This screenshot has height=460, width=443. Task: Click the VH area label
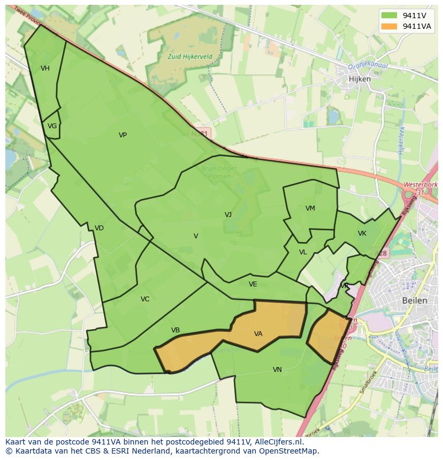45,68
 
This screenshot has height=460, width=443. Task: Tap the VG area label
52,127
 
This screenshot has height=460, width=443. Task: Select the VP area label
123,135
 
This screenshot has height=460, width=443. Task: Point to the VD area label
99,228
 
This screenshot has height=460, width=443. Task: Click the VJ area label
228,215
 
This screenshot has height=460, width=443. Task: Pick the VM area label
310,208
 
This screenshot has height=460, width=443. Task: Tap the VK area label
362,233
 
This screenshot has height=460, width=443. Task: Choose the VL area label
303,252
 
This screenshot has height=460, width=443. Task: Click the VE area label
253,284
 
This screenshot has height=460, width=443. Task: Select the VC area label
145,299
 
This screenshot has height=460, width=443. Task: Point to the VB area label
175,330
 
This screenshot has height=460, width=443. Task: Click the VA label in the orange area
258,334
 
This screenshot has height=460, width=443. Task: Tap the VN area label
277,370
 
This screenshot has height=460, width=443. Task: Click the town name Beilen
415,300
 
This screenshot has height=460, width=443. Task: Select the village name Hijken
360,79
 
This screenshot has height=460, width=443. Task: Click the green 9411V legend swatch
389,15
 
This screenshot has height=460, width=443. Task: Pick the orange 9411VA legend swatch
389,27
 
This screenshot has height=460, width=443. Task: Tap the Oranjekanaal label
368,66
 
